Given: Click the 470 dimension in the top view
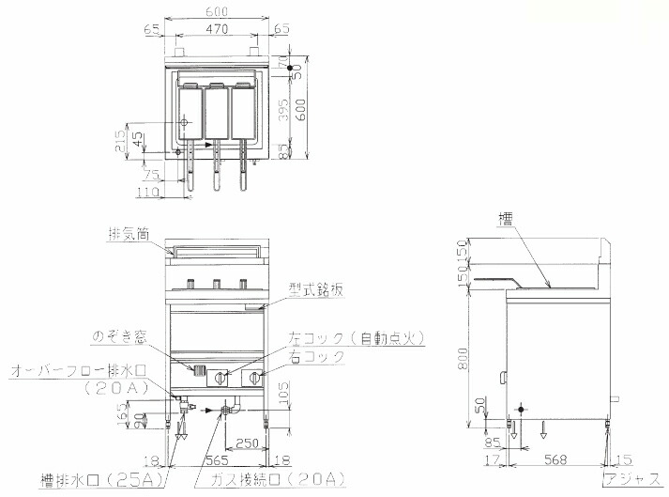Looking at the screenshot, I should (218, 30).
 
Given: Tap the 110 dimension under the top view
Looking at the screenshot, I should (145, 192).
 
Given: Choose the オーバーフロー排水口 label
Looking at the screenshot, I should (72, 372).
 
